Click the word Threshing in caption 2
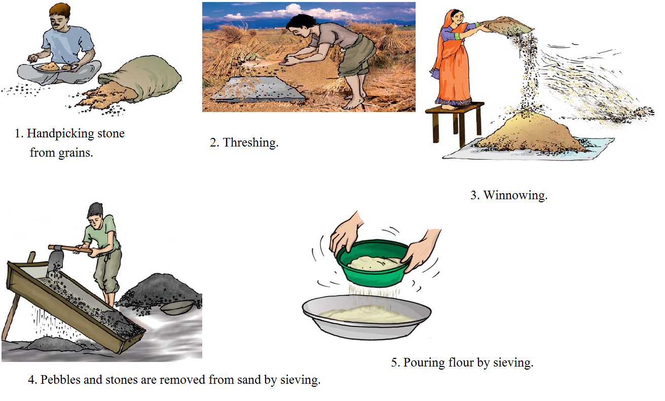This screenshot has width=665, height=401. [x=250, y=143]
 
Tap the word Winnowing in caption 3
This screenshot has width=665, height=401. [x=515, y=195]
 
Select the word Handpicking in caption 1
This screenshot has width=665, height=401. [x=60, y=134]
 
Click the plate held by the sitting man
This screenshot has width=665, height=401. [x=56, y=67]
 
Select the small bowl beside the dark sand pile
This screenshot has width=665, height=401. [x=177, y=307]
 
